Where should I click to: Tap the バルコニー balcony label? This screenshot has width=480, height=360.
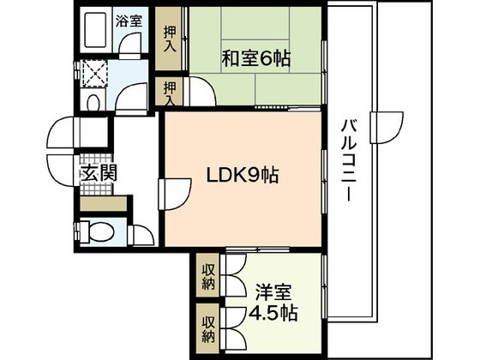coord(349,161)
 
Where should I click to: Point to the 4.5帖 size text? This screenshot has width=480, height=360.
coord(273,313)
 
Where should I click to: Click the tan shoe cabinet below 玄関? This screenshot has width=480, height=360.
coord(102,204)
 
